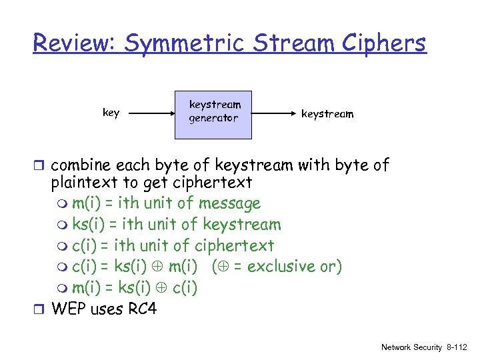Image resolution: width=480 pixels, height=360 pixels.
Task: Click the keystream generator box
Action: pyautogui.click(x=213, y=114)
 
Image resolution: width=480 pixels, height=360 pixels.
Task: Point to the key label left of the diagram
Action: pyautogui.click(x=111, y=113)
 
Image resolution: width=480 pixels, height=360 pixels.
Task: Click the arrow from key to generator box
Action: pyautogui.click(x=150, y=114)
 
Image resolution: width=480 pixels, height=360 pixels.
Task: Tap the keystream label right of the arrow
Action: pyautogui.click(x=327, y=114)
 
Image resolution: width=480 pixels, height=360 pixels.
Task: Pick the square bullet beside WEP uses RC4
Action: pyautogui.click(x=41, y=309)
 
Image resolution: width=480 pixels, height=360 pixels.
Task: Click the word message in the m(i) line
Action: pyautogui.click(x=230, y=203)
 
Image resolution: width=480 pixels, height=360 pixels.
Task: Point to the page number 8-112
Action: pyautogui.click(x=457, y=347)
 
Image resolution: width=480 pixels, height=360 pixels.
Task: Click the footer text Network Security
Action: pyautogui.click(x=411, y=347)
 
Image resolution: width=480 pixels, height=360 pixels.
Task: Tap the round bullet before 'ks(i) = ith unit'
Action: pyautogui.click(x=63, y=225)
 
